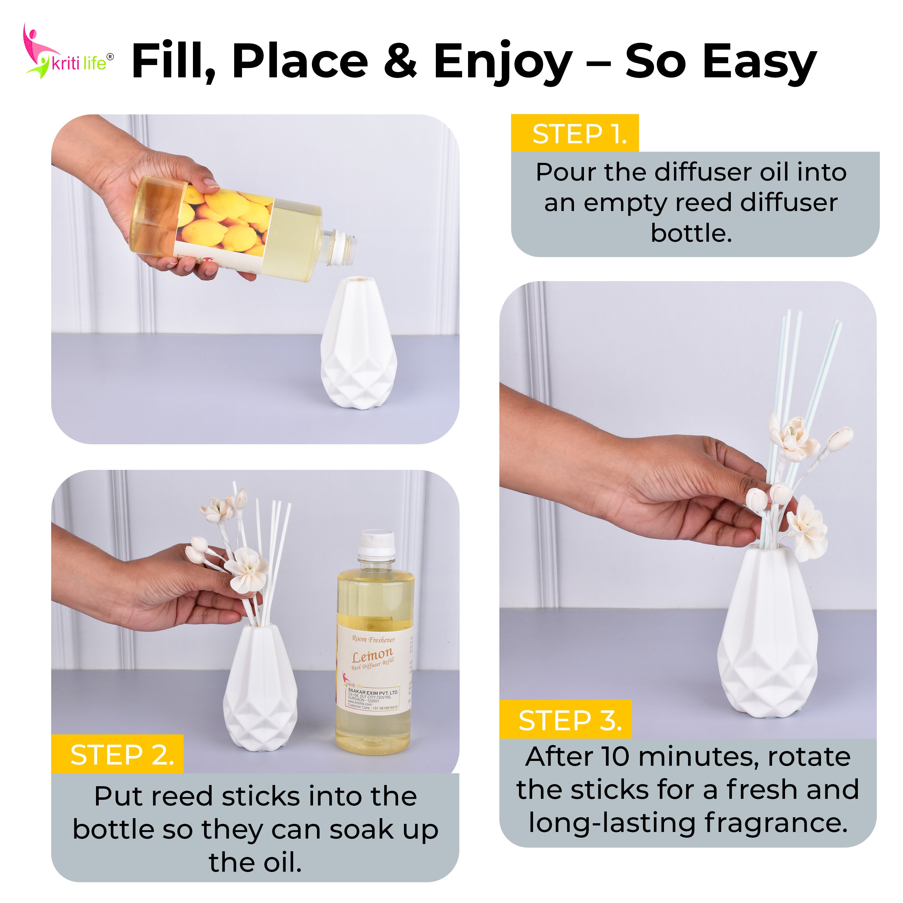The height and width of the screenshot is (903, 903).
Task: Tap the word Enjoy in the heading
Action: tap(502, 62)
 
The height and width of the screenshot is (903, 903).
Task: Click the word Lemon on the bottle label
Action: tap(373, 655)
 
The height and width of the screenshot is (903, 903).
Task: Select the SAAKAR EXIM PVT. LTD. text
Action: tap(373, 692)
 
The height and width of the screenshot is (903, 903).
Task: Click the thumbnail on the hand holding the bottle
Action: tap(211, 183)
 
